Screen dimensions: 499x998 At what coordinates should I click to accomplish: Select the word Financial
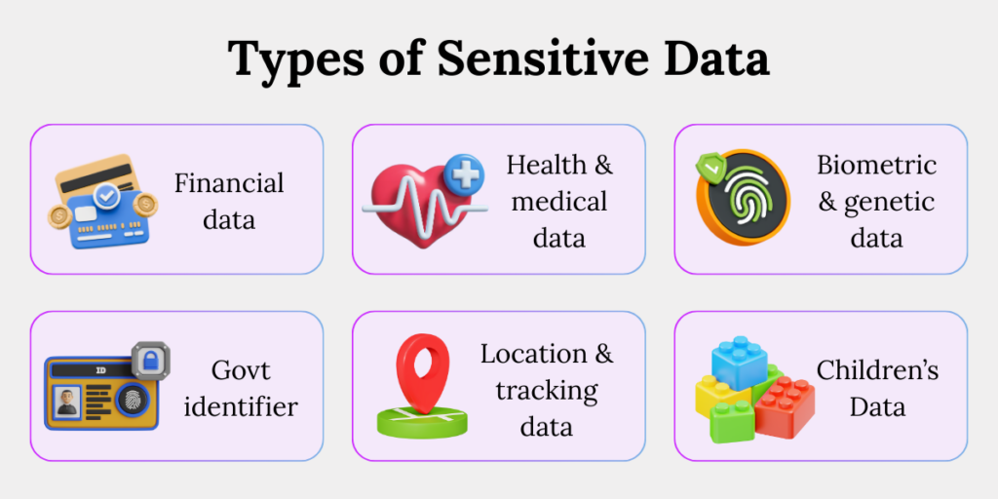point(229,182)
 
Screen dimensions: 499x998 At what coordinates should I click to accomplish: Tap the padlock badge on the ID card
point(150,362)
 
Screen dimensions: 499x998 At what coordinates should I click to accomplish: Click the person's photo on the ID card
point(67,402)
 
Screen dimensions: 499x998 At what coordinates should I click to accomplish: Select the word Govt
point(240,369)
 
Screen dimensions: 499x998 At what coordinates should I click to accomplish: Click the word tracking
point(546,390)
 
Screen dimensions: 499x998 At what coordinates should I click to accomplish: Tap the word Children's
point(878,369)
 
